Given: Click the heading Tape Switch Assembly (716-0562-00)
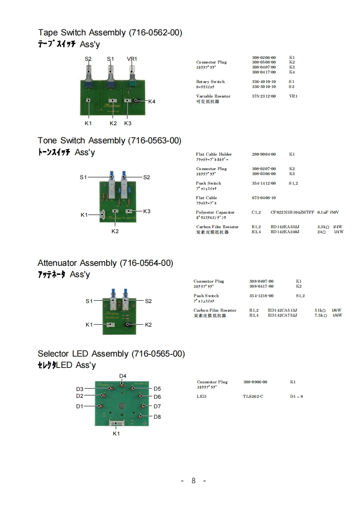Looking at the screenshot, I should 110,33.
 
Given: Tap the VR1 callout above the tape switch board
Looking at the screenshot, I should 132,59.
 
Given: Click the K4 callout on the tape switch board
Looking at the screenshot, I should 152,102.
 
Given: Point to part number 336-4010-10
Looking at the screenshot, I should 264,82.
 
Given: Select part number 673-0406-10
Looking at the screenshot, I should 264,198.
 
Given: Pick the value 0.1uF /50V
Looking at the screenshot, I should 328,212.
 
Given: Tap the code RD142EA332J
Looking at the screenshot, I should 285,227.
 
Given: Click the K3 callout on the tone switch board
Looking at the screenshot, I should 146,211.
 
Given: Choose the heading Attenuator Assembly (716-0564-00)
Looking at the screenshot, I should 105,263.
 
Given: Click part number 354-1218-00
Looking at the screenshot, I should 261,296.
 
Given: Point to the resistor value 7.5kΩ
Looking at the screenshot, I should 321,315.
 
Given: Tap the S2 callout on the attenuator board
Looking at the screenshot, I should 148,301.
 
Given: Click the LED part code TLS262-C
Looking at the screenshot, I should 253,396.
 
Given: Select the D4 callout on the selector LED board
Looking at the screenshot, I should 123,376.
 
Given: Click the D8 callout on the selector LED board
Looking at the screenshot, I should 157,416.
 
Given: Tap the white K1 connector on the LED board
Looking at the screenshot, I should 117,423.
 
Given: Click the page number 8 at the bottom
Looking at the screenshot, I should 193,481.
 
